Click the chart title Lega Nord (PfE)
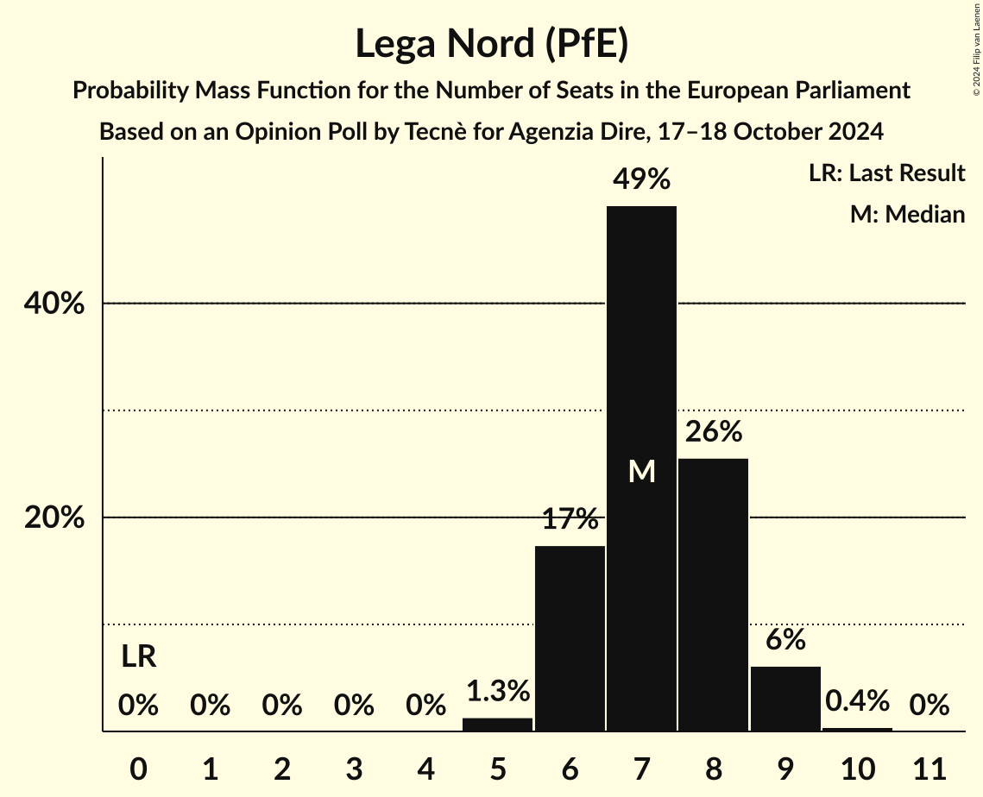tap(491, 43)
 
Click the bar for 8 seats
tap(713, 594)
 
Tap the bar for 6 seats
tap(570, 638)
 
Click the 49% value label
tap(641, 179)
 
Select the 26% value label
tap(714, 431)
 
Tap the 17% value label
tap(570, 519)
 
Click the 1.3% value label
tap(498, 691)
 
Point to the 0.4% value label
tap(857, 701)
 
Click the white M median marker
tap(641, 472)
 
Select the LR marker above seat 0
tap(138, 657)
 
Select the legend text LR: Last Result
tap(886, 173)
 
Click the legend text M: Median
tap(907, 214)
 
